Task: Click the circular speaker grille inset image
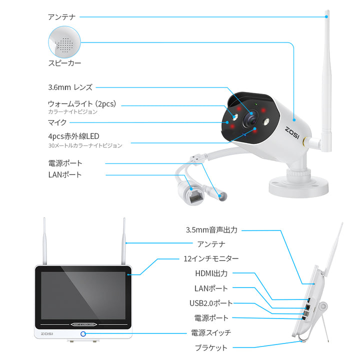click(64, 42)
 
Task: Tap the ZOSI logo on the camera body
click(292, 133)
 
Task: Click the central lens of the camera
click(250, 119)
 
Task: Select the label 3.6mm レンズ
click(70, 87)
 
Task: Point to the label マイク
click(57, 122)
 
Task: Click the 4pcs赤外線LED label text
click(73, 136)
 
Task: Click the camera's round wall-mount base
click(298, 185)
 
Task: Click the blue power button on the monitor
click(83, 334)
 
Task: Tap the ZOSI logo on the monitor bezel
click(47, 333)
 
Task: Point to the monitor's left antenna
click(44, 241)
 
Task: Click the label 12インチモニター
click(211, 259)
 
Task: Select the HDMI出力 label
click(211, 273)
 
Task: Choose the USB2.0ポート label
click(211, 303)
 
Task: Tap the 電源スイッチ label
click(211, 332)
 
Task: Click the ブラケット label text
click(211, 347)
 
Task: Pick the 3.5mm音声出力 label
click(211, 230)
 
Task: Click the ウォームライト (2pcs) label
click(82, 104)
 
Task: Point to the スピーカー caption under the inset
click(64, 63)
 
